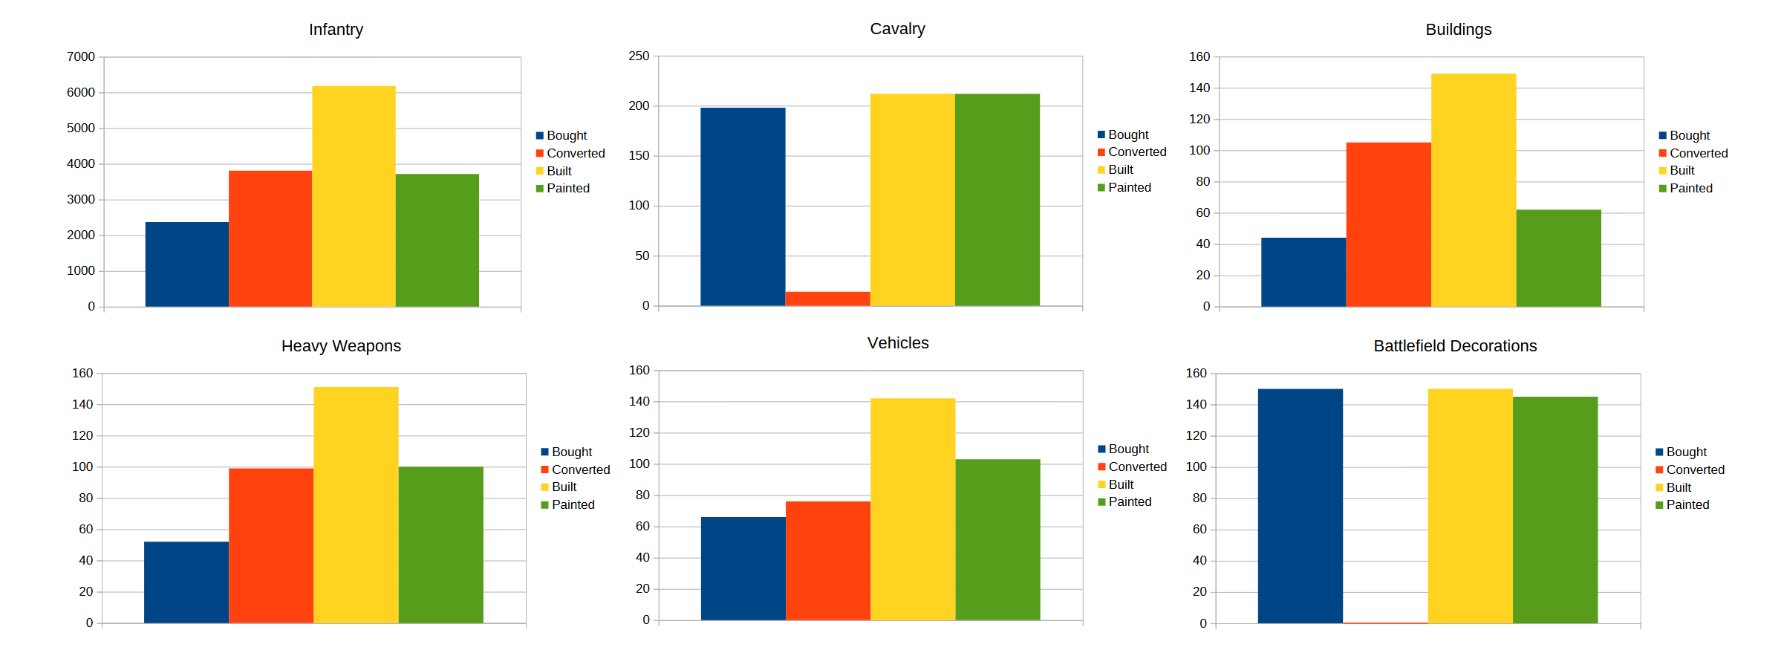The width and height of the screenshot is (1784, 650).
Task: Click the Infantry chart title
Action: [336, 30]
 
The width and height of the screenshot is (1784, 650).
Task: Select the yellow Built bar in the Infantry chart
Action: [354, 197]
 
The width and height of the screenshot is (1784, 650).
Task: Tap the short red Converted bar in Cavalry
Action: [827, 299]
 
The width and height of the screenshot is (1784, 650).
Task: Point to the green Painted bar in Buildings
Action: [1558, 258]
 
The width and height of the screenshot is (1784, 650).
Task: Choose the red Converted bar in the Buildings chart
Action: [1388, 224]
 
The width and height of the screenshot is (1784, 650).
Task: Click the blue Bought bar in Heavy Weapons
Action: [186, 582]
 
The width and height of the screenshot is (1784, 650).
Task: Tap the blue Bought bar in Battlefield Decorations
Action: [1300, 506]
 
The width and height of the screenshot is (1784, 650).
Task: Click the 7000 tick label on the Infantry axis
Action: [81, 57]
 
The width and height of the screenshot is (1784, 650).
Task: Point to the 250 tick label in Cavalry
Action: [639, 56]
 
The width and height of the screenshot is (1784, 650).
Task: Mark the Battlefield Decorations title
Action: [1454, 346]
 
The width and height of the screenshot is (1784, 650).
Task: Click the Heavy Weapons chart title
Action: [341, 346]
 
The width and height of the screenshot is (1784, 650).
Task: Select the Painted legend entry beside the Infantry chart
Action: [567, 189]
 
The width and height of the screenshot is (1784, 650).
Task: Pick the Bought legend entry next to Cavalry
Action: [1127, 135]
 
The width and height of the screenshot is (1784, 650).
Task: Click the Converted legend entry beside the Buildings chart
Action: [1698, 153]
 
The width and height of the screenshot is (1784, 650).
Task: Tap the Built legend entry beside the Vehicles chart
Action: [1120, 485]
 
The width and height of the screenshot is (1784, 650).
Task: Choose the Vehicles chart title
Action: [898, 343]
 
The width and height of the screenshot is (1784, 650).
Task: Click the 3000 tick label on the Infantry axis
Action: [81, 200]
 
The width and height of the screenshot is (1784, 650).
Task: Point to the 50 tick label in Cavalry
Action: [642, 256]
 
